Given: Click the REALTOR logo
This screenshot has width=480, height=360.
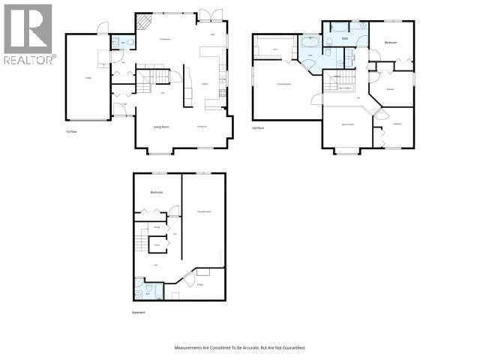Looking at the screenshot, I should click(x=28, y=34).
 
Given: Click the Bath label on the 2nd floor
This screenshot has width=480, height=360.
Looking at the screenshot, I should click(x=345, y=37).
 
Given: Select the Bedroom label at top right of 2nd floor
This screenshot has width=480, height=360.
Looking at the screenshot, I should click(x=391, y=43).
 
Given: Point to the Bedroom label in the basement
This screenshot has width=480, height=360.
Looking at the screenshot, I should click(x=157, y=193).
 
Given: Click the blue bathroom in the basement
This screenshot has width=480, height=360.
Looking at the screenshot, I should click(x=144, y=288).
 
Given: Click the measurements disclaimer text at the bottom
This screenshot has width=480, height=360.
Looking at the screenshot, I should click(x=240, y=348).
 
